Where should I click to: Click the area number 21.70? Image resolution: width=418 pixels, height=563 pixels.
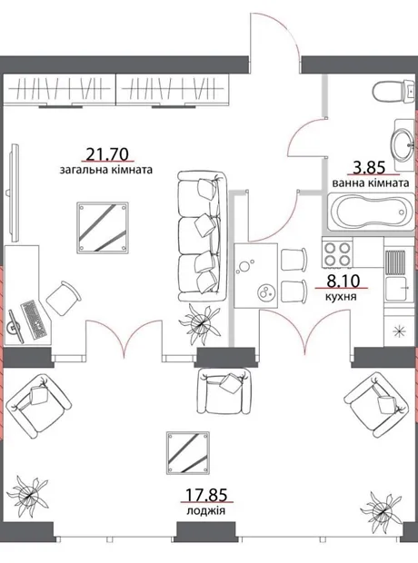coord(107,154)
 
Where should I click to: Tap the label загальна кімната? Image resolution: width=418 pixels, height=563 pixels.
coord(106,170)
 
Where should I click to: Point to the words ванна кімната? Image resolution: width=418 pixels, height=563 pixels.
coord(371,183)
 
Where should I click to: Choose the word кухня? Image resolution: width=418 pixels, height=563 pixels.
coord(341,297)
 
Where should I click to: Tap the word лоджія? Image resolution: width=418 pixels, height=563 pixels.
coord(206,510)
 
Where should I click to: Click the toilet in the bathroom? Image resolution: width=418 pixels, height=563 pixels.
coord(393,91)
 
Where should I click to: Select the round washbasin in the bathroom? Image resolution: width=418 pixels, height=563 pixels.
coord(402,144)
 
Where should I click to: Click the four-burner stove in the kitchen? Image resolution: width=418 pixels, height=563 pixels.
coord(337,253)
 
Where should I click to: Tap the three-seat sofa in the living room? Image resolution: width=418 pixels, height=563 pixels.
coord(203,235)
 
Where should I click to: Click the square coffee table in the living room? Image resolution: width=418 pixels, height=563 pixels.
coord(103,226)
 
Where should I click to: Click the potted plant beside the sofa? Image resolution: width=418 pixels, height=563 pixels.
coord(201,322)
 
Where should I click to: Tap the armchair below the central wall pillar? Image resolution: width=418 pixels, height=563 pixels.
coord(224,391)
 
